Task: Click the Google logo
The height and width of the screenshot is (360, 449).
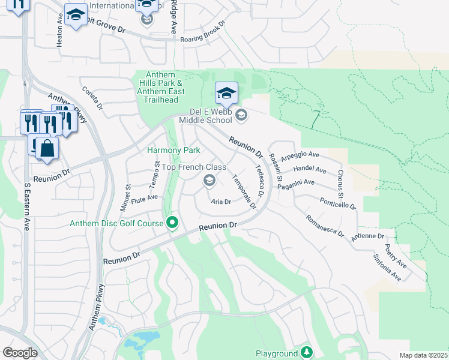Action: pos(20,353)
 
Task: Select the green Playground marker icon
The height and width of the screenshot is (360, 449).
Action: pos(307,352)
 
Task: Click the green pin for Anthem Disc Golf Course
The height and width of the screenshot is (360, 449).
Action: pos(172,223)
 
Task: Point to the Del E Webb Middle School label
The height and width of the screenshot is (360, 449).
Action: pos(211,116)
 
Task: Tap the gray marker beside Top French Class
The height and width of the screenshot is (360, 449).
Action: pos(209,180)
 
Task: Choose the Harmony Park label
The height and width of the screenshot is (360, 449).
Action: pos(174,149)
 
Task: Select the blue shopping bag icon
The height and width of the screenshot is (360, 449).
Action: pos(47,148)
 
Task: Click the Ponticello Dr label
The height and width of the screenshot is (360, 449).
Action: pos(337,203)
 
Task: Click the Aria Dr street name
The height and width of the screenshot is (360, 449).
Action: pos(221,202)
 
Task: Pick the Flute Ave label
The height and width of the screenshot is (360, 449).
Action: pos(144,197)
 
